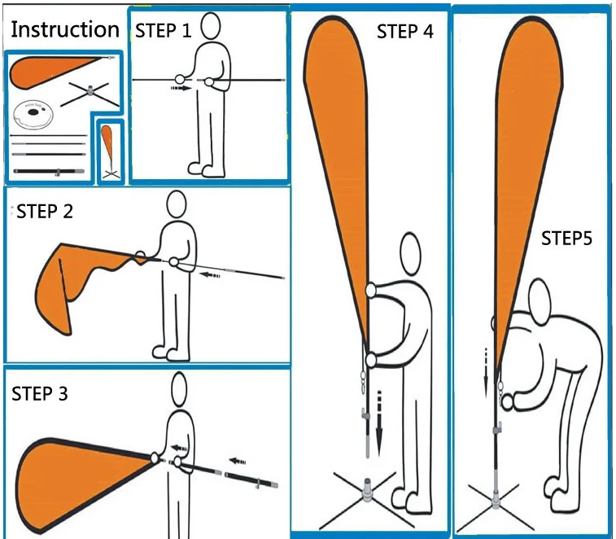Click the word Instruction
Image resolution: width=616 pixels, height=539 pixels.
tap(64, 30)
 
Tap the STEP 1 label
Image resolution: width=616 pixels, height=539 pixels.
tap(164, 31)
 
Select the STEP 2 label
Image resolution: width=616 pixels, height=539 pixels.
tap(44, 213)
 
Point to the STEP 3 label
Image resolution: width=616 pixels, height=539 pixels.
tap(40, 394)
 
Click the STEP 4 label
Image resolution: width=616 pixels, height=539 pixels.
tap(405, 32)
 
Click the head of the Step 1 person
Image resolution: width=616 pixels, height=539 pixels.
tap(212, 25)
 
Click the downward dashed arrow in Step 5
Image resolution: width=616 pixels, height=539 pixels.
tap(487, 371)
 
